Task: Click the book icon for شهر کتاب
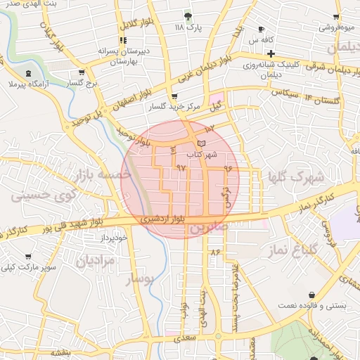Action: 202,143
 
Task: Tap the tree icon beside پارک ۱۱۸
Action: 187,15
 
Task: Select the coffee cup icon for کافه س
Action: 262,30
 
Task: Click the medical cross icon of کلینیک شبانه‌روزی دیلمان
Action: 271,53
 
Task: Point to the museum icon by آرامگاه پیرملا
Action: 28,73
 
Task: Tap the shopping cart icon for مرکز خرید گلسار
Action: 174,96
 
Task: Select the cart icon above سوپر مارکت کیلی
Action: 27,257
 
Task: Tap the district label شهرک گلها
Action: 297,176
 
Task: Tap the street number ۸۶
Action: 215,252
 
